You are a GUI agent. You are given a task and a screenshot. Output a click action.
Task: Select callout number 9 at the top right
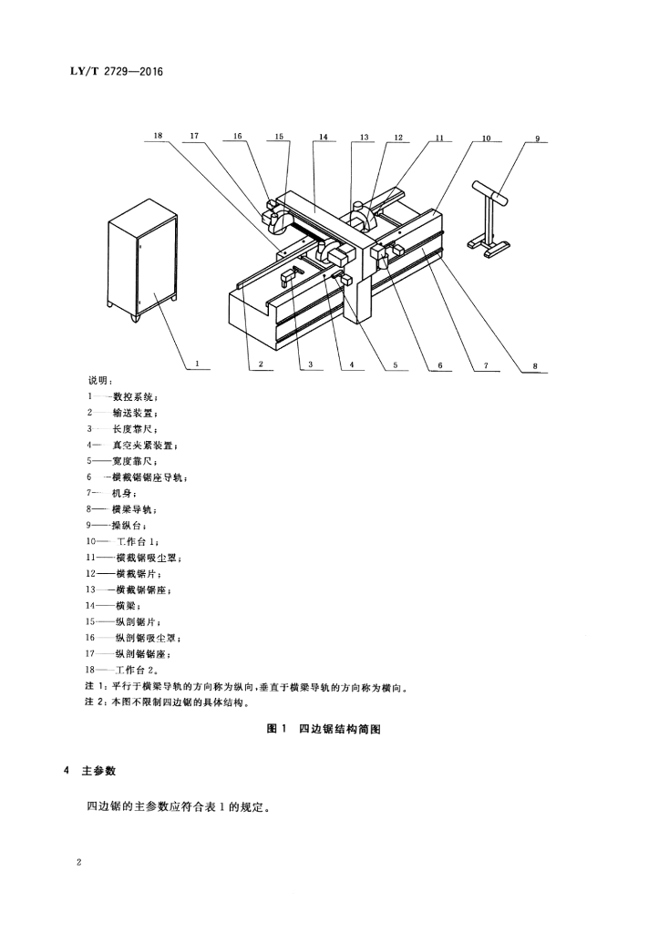pos(537,138)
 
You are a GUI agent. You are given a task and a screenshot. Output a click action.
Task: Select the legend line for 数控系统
pos(123,397)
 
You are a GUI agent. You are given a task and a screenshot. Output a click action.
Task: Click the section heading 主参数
pos(98,770)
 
